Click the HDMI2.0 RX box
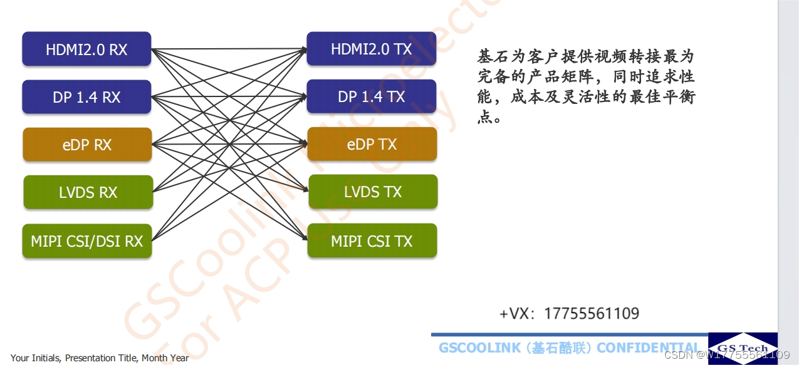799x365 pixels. (x=86, y=49)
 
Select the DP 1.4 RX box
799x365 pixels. (x=86, y=97)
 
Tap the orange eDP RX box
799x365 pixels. (x=87, y=145)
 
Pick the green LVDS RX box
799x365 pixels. (x=88, y=192)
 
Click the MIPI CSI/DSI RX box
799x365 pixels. (x=87, y=241)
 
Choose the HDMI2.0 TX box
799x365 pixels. (x=371, y=49)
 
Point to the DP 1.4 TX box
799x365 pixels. (x=371, y=96)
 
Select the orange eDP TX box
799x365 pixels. (x=372, y=144)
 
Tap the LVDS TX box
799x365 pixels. (x=373, y=192)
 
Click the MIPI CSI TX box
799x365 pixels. (x=372, y=240)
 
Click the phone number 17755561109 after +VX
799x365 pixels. (x=591, y=314)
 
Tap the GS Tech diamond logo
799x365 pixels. (x=743, y=348)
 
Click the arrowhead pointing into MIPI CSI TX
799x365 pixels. (x=305, y=239)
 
